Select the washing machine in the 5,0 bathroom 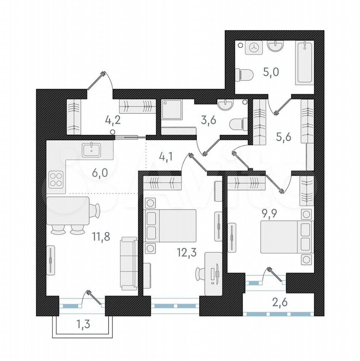(x=254, y=48)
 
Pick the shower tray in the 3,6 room (x=172, y=109)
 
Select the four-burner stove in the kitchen (x=56, y=180)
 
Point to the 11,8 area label (x=101, y=237)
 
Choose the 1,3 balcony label (x=83, y=324)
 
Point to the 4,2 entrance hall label (x=113, y=121)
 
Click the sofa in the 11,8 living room (x=129, y=264)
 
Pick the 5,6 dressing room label (x=283, y=137)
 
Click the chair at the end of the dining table (x=95, y=210)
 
